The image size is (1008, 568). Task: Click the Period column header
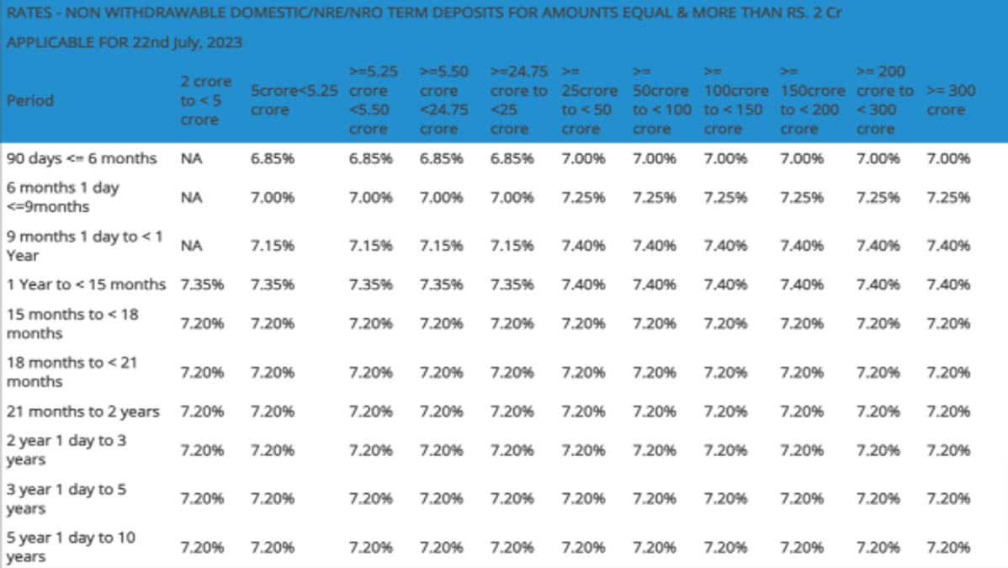30,100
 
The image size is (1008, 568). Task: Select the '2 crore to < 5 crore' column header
205,100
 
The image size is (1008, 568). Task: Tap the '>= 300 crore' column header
951,100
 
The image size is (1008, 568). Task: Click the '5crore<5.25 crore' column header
294,100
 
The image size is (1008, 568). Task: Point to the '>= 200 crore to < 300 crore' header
884,100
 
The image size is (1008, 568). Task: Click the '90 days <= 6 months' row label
82,158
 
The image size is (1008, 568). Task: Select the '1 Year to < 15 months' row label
86,284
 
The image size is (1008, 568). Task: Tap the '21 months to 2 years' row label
83,411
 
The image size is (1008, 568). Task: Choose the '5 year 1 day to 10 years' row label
71,547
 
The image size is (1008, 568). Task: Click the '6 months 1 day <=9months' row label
63,197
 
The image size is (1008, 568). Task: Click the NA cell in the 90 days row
192,158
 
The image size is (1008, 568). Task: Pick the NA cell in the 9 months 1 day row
192,246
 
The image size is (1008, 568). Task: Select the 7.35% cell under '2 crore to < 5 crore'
202,284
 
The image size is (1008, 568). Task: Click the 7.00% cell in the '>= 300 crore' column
948,158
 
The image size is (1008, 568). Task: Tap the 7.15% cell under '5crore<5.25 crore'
273,246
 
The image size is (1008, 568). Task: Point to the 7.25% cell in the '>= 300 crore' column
948,197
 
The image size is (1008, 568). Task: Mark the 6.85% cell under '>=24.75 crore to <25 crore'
512,158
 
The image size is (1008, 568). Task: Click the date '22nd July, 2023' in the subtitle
187,42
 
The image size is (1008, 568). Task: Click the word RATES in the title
29,13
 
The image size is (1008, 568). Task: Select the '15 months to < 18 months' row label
72,324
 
